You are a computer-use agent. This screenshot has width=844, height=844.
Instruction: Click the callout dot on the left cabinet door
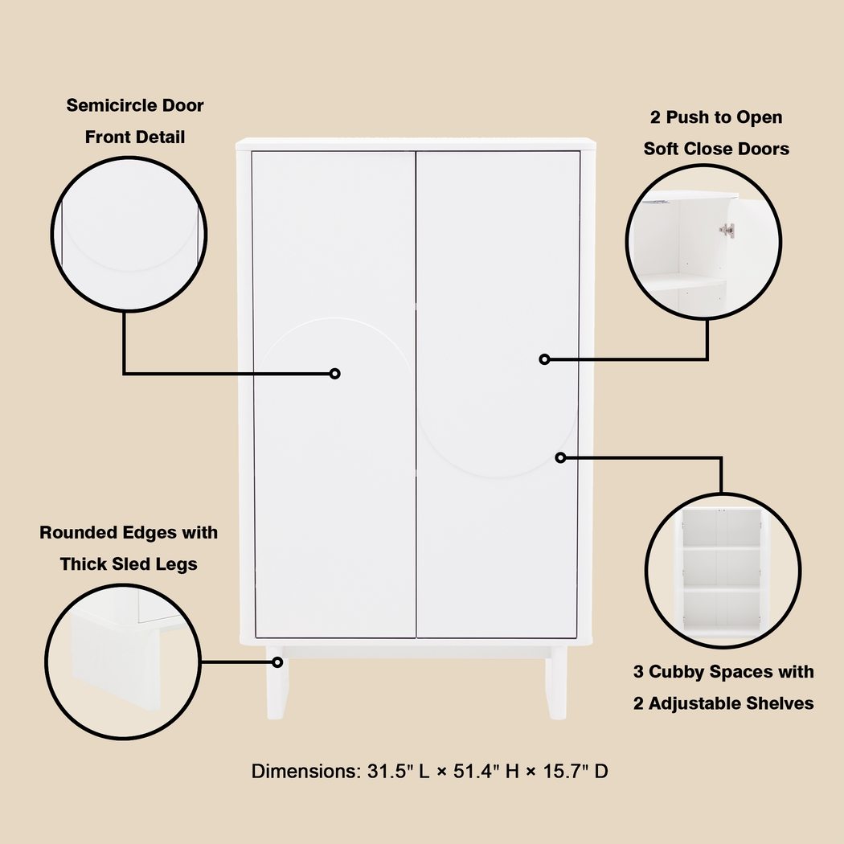tap(335, 373)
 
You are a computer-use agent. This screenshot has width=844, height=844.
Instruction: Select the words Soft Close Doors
tap(716, 149)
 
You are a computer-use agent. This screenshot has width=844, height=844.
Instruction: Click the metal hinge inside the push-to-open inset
tap(727, 231)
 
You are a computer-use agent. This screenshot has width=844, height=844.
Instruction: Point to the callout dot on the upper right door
tap(545, 359)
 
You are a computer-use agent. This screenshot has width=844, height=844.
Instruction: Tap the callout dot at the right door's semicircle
tap(561, 457)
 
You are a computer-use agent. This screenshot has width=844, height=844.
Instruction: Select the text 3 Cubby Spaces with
tap(723, 672)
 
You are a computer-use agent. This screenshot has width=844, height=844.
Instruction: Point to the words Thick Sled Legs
tap(129, 564)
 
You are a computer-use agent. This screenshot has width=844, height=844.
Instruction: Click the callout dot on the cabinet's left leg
tap(278, 662)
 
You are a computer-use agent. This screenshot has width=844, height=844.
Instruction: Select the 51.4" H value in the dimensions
tap(477, 772)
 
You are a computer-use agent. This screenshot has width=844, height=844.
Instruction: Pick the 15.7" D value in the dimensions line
tap(576, 772)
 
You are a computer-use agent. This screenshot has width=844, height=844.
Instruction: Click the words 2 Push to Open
tap(716, 117)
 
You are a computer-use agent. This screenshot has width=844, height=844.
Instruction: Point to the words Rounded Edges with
tap(129, 533)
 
